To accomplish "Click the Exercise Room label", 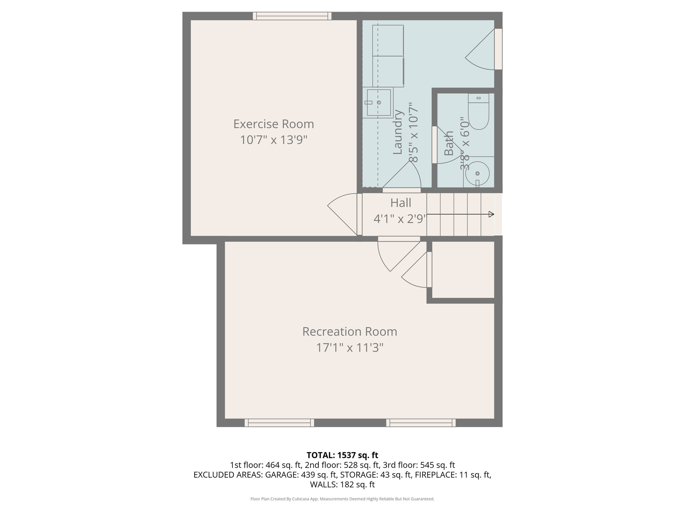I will [274, 124].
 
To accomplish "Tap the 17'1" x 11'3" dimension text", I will [350, 348].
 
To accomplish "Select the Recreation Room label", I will [350, 332].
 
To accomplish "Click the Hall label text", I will [401, 203].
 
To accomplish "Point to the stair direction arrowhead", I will [491, 214].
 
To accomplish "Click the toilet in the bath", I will [479, 112].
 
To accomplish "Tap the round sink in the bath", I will [477, 173].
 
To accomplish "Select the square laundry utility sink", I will [379, 103].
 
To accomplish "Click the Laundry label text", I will [397, 132].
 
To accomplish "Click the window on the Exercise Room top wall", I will [292, 16].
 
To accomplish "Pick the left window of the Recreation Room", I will [279, 423].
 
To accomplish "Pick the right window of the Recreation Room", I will [421, 423].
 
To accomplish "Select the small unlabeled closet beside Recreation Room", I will [463, 269].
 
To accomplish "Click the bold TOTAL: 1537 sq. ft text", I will [342, 455].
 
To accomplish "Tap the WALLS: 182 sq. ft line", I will [342, 484].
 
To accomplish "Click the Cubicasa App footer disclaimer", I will [342, 499].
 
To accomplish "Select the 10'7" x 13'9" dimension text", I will [274, 140].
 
